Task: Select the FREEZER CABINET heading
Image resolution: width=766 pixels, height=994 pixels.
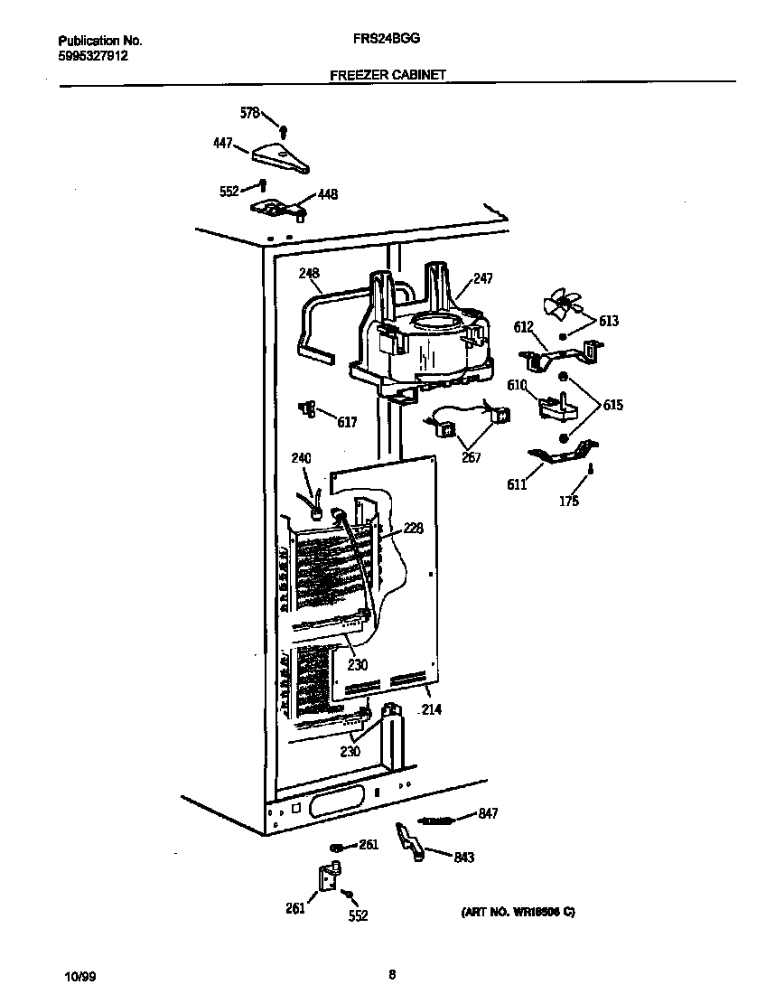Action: [x=388, y=76]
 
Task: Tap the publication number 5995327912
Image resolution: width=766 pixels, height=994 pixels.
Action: [x=93, y=55]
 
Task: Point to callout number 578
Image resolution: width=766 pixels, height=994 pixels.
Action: [x=249, y=113]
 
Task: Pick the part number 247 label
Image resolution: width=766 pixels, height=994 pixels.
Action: [x=483, y=279]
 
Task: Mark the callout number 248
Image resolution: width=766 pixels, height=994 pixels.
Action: [x=309, y=273]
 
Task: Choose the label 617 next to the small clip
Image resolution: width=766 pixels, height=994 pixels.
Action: [x=347, y=422]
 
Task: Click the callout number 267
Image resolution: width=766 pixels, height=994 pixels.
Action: [x=471, y=457]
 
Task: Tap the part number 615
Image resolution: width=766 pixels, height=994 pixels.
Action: [x=612, y=406]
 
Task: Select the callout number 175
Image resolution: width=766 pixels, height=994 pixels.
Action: [x=568, y=502]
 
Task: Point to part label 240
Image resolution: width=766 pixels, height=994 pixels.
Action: [x=301, y=459]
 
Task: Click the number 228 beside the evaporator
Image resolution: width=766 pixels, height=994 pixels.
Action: [x=413, y=529]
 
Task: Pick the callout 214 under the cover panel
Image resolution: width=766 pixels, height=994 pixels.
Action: [x=431, y=710]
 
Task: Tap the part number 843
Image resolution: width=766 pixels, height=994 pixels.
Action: [x=464, y=858]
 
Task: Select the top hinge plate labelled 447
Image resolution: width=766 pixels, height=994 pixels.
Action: [x=280, y=156]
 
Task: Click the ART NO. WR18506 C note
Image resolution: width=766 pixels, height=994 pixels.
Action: [x=512, y=913]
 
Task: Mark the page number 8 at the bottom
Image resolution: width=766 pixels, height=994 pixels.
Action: [x=391, y=974]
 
